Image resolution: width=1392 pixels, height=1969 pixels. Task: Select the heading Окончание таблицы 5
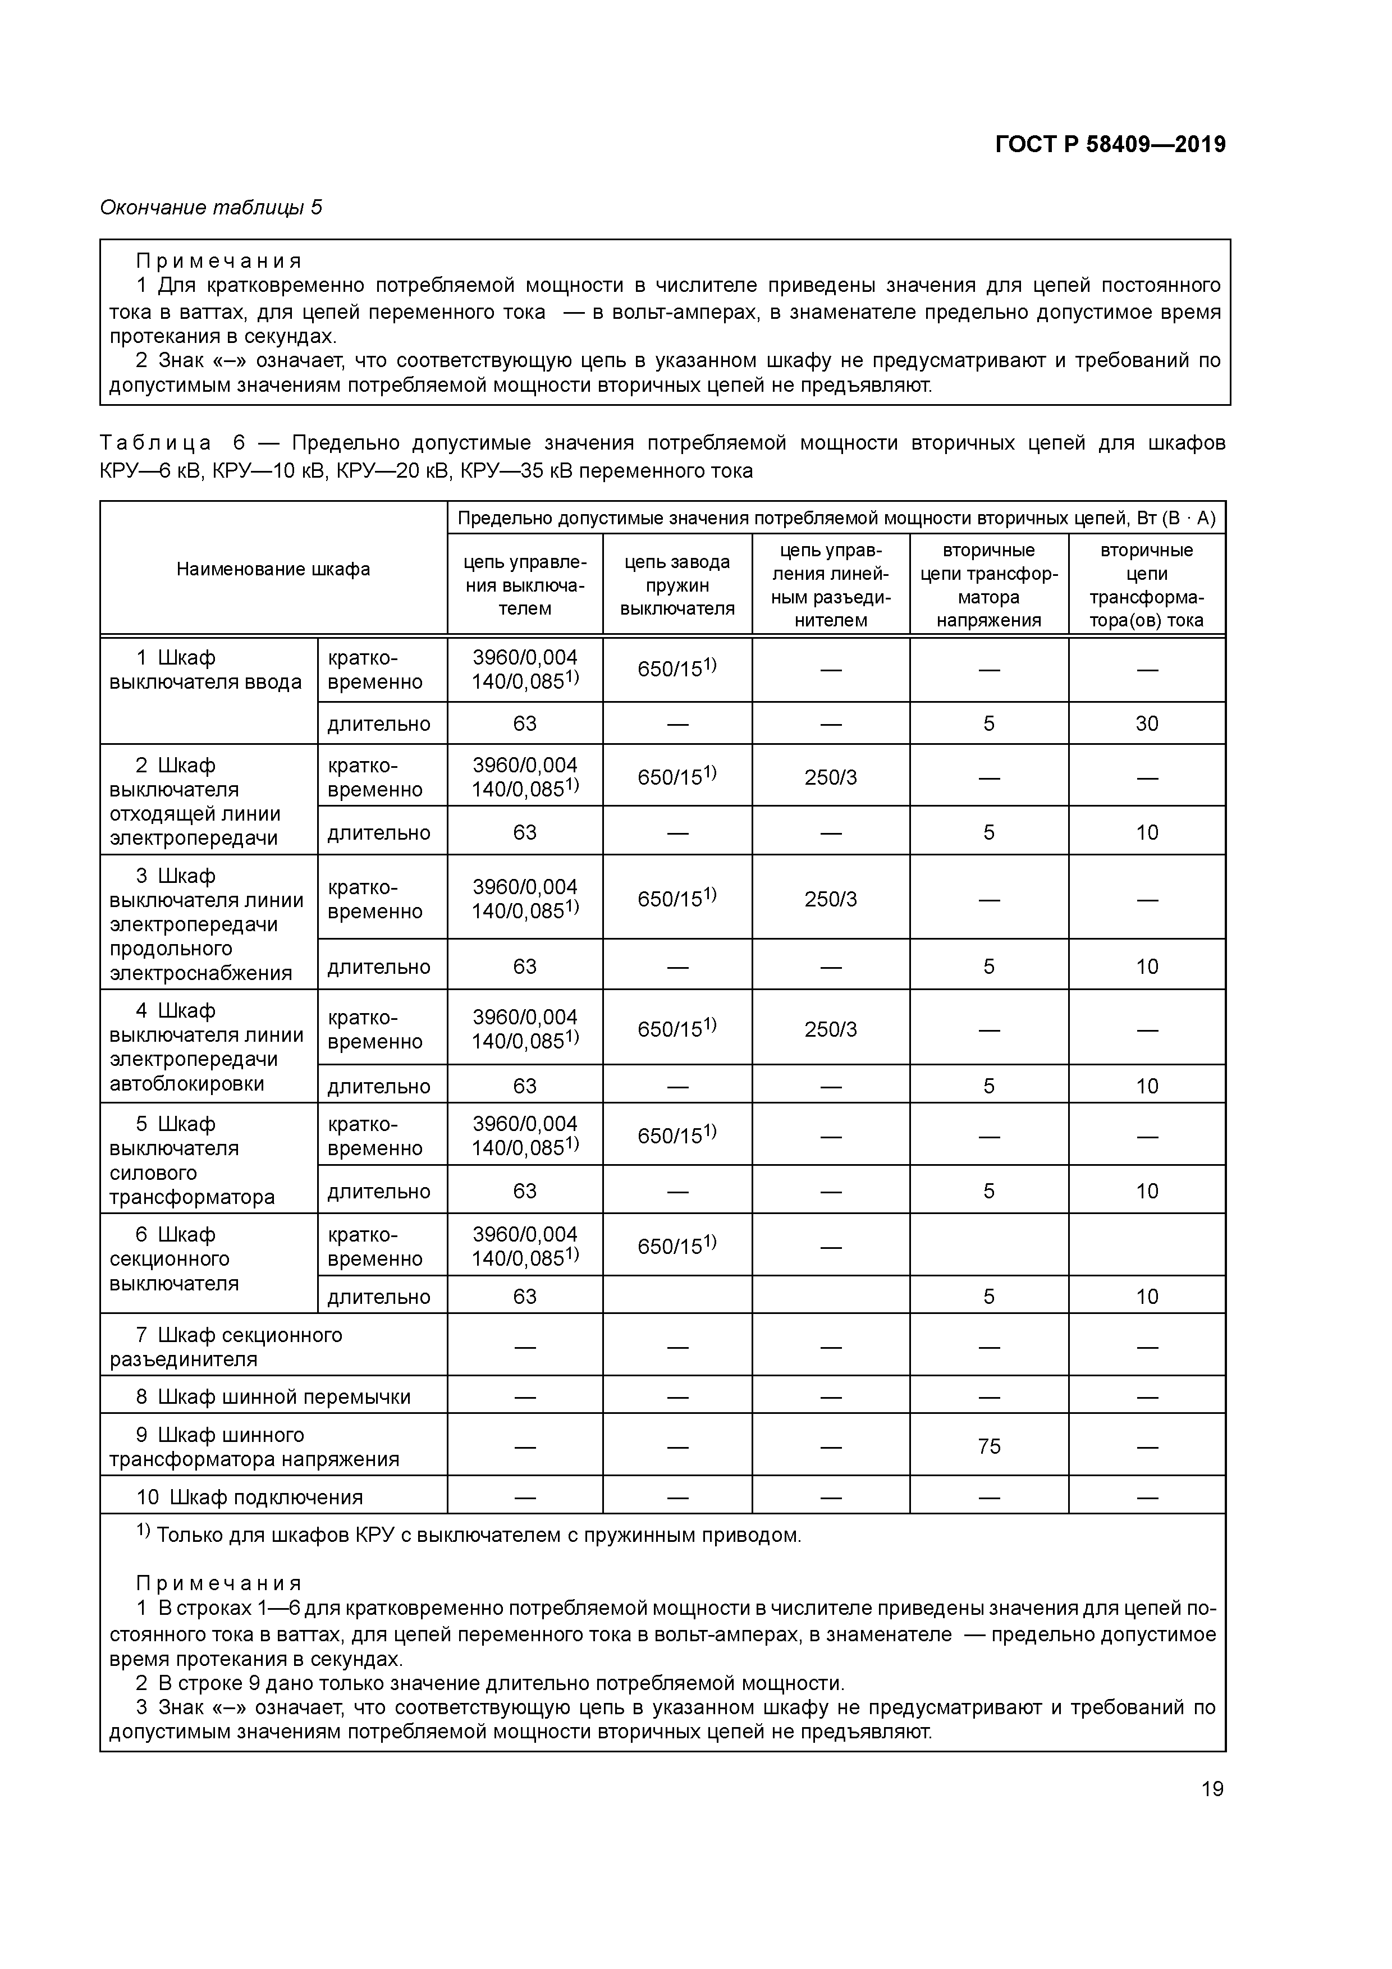[211, 208]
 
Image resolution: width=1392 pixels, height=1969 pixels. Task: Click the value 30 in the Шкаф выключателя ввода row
[1147, 724]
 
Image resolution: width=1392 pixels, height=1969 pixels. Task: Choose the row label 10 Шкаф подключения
[249, 1498]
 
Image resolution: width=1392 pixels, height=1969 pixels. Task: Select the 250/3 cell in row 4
[830, 1029]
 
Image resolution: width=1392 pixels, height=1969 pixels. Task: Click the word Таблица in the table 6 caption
[155, 443]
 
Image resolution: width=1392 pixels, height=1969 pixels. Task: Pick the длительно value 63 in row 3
[524, 967]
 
